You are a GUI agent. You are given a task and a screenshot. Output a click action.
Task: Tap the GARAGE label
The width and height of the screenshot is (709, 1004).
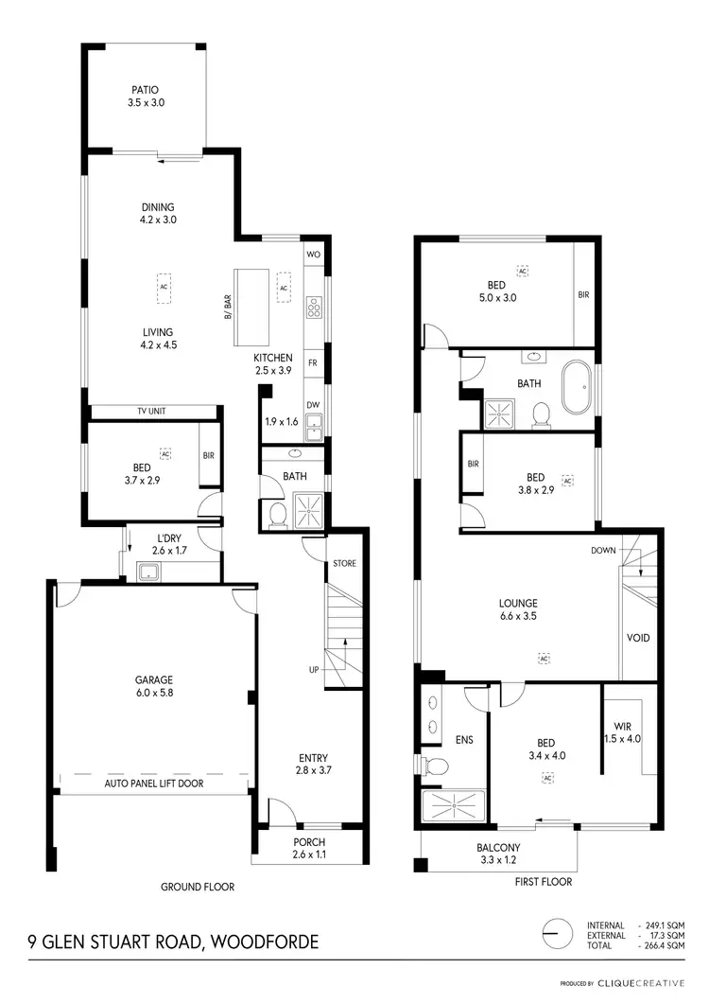155,679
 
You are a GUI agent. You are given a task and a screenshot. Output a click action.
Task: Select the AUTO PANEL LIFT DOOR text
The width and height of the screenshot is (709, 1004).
154,784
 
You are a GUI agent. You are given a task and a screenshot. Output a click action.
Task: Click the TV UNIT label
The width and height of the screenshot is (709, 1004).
153,412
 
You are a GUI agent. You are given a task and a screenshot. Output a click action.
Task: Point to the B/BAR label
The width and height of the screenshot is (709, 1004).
228,308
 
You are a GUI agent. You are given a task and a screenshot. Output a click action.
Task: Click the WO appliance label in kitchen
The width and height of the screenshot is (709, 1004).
313,255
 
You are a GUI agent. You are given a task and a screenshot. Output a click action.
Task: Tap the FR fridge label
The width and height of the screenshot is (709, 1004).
313,362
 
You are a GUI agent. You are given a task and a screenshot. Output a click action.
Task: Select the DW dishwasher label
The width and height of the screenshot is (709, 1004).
313,405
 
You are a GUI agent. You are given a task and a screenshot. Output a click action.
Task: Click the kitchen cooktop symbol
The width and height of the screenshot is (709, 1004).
314,308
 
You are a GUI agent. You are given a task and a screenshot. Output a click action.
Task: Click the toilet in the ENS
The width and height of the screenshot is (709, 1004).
430,765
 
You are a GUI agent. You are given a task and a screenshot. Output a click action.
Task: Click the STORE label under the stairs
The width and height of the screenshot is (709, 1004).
344,565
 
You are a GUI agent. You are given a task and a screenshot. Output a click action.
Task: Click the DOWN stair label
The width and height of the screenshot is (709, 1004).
604,550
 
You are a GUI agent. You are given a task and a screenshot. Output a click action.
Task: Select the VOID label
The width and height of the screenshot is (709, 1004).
638,638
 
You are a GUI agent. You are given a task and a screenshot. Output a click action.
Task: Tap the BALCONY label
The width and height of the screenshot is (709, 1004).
498,848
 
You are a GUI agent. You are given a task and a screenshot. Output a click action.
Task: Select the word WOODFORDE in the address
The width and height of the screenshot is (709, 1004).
266,942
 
